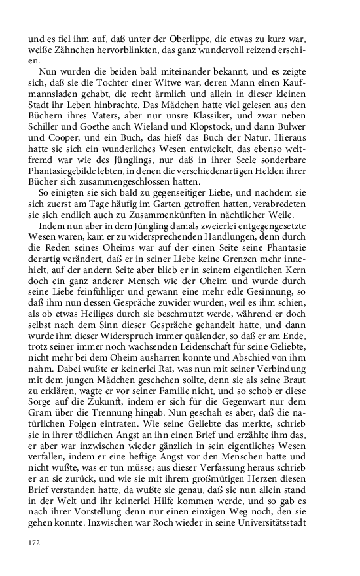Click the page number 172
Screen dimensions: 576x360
pos(34,542)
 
